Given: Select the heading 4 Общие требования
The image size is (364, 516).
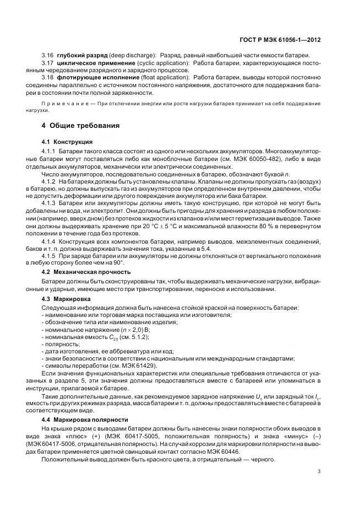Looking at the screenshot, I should tap(74, 126).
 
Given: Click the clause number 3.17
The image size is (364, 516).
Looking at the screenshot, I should tap(48, 63).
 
